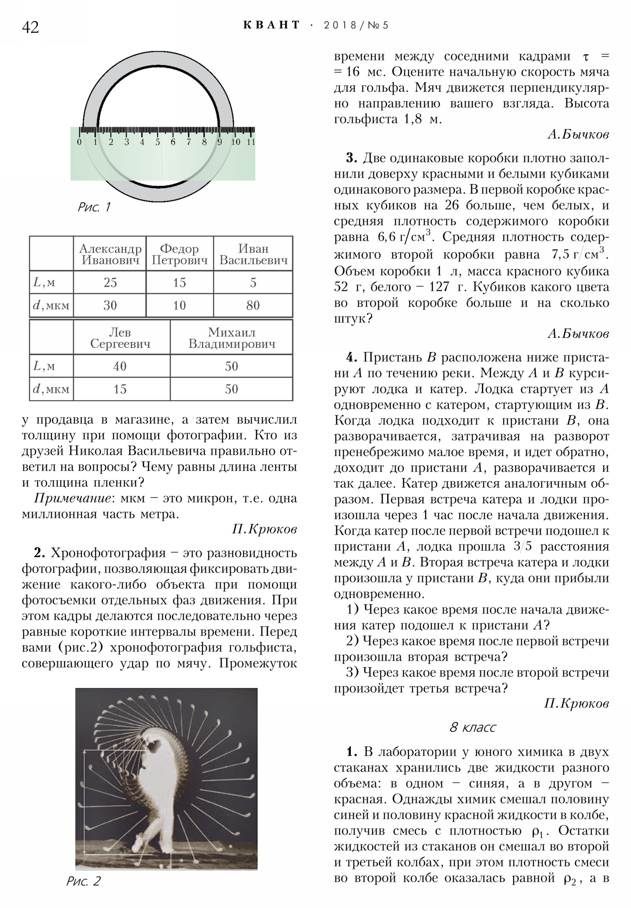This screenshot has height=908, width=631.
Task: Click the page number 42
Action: [30, 27]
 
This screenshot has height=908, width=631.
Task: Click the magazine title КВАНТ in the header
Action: [272, 25]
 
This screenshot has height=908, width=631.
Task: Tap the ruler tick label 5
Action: [157, 142]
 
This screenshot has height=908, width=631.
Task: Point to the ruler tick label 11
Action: [251, 142]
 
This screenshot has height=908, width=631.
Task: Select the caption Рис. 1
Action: [94, 207]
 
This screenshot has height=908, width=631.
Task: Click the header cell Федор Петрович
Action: [179, 254]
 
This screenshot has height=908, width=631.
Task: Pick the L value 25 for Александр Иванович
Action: [110, 282]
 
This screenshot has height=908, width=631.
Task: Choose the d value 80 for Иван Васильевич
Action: [253, 305]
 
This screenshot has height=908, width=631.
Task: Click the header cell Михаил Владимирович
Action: [231, 338]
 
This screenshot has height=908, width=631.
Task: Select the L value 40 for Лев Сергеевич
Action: [120, 366]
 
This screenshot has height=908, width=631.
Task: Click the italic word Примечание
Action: [72, 498]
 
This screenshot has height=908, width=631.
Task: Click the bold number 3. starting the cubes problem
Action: [351, 158]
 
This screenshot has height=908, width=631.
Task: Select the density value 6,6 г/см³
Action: [404, 237]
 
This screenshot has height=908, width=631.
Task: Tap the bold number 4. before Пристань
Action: [351, 358]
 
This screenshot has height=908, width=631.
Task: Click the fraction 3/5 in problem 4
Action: [522, 547]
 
